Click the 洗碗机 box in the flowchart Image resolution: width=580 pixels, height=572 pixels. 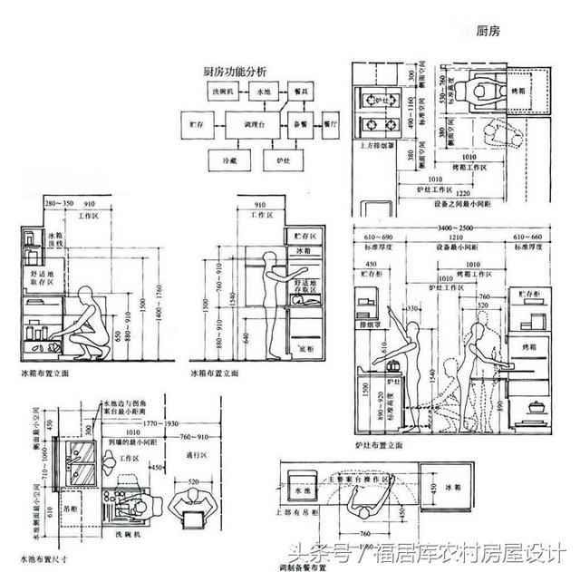point(223,92)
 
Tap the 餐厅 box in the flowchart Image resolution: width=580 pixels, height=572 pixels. point(332,122)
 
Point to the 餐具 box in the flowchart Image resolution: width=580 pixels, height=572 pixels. point(296,92)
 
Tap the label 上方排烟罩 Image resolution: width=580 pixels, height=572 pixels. point(372,145)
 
